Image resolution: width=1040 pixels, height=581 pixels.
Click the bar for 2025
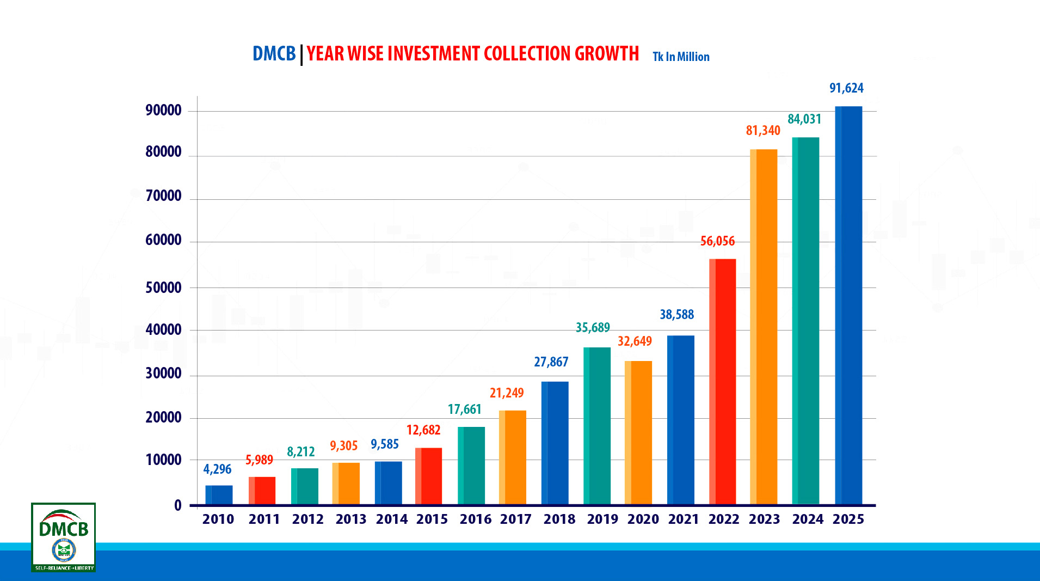point(848,305)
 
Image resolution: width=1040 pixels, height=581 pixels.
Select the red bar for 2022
point(722,381)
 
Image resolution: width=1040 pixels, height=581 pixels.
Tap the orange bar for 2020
point(638,432)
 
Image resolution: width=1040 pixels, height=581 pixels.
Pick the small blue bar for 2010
point(219,494)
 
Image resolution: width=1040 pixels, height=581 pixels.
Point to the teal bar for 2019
point(596,425)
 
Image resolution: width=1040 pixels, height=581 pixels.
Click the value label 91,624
point(846,88)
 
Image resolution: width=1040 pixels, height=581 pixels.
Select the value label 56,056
point(717,241)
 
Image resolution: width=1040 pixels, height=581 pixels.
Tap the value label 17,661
point(464,409)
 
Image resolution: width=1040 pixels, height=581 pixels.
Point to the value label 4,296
point(217,469)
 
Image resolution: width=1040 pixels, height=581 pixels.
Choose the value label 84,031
point(804,119)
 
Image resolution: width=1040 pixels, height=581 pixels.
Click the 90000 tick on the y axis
point(163,111)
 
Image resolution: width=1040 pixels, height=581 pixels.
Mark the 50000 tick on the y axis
point(163,288)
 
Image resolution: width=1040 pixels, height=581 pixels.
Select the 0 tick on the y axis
point(178,505)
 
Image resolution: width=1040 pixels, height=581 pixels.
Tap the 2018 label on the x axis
point(559,519)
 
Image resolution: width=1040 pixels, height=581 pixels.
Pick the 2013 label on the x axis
point(350,519)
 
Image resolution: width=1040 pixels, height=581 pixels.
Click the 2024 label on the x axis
point(808,519)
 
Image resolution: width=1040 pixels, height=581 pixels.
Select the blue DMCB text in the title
point(274,54)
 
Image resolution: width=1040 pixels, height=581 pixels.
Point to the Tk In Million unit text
point(681,57)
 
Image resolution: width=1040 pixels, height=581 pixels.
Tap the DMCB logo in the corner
point(64,537)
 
